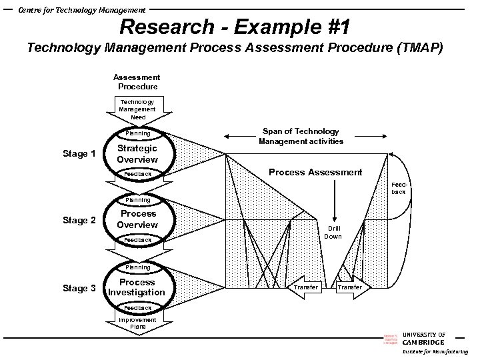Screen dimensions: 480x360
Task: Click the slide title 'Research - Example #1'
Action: pos(235,27)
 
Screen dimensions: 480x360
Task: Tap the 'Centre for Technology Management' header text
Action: pos(81,9)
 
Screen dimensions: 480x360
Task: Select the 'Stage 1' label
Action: pos(79,154)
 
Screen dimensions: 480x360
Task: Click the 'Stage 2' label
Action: pos(79,221)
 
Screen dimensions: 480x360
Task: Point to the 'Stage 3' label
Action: pos(79,289)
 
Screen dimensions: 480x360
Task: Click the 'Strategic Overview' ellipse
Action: pos(137,154)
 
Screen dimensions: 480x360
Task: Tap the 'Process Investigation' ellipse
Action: pos(137,287)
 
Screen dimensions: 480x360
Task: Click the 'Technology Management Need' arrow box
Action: pos(137,109)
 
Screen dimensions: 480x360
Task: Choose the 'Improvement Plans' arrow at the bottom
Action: pos(137,323)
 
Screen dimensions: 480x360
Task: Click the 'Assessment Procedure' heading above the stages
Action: pos(137,82)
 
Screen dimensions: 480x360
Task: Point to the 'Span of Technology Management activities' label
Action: pos(301,136)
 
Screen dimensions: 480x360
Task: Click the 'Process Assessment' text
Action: pos(315,173)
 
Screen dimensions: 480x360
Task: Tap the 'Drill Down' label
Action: pos(333,233)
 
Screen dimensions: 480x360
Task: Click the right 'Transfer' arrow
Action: pos(351,287)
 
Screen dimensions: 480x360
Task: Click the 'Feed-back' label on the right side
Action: pos(398,187)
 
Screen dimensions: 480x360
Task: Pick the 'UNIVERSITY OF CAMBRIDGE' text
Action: pos(424,338)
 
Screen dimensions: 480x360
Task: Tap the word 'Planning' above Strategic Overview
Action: pos(138,133)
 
